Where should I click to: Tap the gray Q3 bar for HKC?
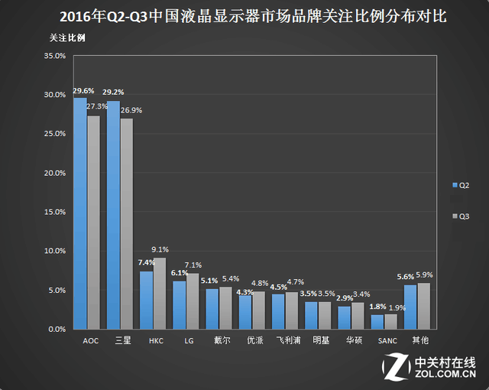(x=159, y=293)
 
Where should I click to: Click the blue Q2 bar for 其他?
(x=410, y=307)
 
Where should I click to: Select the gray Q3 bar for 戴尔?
(x=225, y=307)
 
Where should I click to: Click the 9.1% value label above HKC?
(x=160, y=249)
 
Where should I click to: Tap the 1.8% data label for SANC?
(x=377, y=307)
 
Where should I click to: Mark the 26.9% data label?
(x=131, y=110)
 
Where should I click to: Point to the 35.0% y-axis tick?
(x=55, y=56)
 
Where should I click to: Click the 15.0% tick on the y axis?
(x=55, y=212)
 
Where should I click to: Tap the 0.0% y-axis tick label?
(x=57, y=329)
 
